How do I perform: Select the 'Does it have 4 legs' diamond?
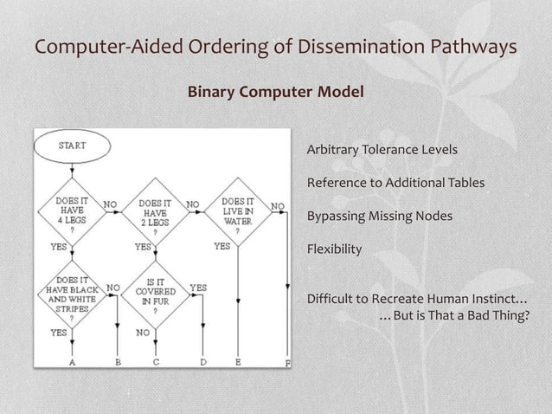[72, 212]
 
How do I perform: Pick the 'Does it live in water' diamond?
[237, 212]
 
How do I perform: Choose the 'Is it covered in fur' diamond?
[155, 294]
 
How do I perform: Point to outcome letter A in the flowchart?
[72, 363]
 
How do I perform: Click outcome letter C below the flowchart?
[156, 363]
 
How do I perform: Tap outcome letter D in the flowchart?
[202, 363]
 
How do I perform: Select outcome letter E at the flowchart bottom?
[238, 363]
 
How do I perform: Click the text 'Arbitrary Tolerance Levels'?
[382, 151]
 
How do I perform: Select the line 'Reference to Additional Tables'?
[395, 183]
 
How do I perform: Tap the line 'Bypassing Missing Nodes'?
[379, 216]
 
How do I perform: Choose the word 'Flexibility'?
[334, 249]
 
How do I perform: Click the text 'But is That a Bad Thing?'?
[461, 314]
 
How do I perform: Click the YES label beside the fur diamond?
[198, 288]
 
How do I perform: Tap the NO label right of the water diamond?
[277, 206]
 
